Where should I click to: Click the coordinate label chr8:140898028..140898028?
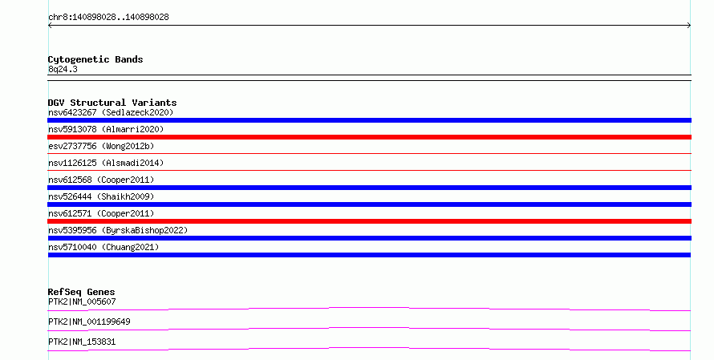pos(108,18)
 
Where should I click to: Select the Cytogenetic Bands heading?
pos(95,59)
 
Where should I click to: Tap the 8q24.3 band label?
pos(63,69)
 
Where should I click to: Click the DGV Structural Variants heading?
pos(112,103)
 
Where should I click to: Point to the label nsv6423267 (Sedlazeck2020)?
pos(111,112)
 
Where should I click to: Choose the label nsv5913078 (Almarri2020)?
pos(106,129)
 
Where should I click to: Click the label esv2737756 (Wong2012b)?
pos(101,146)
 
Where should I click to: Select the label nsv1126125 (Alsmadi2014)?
pos(106,163)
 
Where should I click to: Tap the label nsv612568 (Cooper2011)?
pos(101,180)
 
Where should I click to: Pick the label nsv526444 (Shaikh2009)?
pos(101,196)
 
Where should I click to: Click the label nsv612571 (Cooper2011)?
pos(101,213)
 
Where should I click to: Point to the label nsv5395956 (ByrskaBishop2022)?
pos(118,230)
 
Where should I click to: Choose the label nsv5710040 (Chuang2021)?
pos(103,247)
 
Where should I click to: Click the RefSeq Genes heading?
pos(82,292)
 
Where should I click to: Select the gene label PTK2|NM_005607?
pos(82,301)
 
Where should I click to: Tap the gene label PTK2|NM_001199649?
pos(89,322)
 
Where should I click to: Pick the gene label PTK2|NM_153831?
pos(82,342)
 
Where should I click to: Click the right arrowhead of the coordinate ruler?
pos(689,26)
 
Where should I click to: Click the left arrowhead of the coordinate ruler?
pos(50,26)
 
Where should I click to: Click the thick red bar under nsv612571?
pos(369,221)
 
